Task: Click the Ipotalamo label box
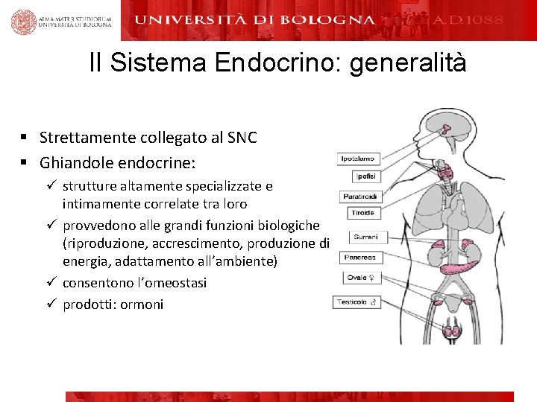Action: (x=358, y=159)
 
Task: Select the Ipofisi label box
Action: (x=366, y=176)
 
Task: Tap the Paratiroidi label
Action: (x=361, y=197)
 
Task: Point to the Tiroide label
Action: (x=362, y=213)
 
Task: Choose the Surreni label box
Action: (x=365, y=237)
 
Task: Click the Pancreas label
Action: (x=359, y=258)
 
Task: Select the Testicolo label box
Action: (x=357, y=302)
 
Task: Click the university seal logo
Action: (x=24, y=22)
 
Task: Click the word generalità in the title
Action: (x=408, y=63)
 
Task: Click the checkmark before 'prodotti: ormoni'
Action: (x=51, y=304)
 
